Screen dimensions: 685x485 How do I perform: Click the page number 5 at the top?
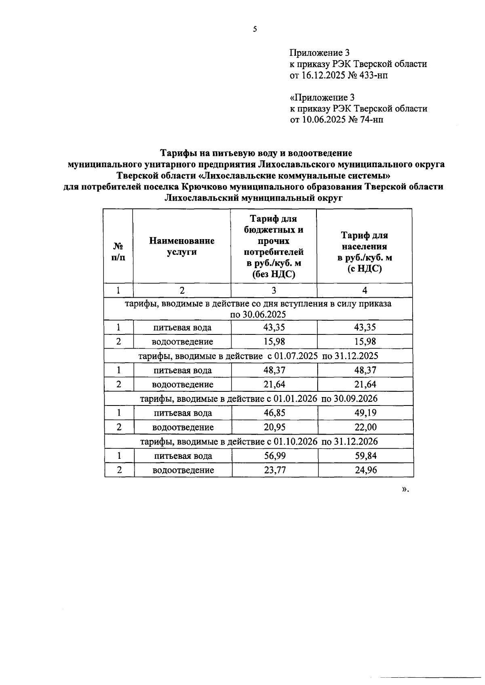click(x=255, y=29)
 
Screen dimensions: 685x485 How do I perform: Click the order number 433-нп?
click(x=371, y=75)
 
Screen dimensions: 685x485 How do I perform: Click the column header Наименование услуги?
click(x=182, y=246)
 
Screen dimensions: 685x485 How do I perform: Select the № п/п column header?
click(x=118, y=252)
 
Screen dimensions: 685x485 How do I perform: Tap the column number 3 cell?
click(x=274, y=290)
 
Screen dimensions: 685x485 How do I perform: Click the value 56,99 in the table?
click(x=274, y=456)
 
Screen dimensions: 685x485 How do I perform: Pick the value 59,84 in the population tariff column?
click(x=365, y=456)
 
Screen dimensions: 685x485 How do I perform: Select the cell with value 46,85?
click(x=274, y=413)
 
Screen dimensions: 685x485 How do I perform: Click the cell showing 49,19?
click(x=365, y=413)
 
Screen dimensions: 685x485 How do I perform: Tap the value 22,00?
click(x=365, y=427)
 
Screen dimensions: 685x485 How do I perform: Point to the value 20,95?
click(x=274, y=427)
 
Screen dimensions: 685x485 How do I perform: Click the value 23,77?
click(x=274, y=470)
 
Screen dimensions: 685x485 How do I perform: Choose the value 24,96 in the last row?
click(x=365, y=470)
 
